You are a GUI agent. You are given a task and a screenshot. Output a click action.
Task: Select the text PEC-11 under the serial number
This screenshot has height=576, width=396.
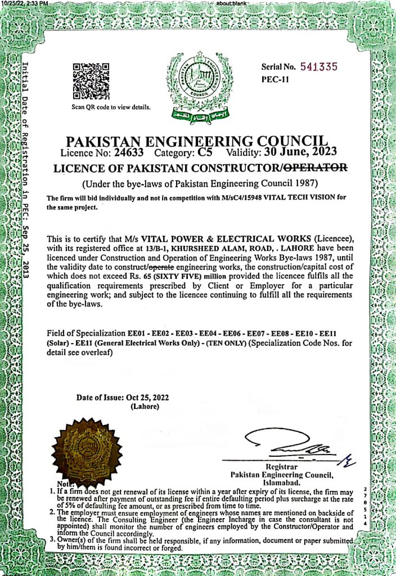click(275, 79)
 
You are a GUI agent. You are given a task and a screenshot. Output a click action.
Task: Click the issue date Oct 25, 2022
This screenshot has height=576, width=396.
click(146, 397)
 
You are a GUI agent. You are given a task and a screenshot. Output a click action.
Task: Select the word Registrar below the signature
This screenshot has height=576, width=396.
click(280, 467)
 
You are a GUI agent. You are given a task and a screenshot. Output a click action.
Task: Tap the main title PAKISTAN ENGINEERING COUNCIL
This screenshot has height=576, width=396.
click(197, 140)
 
